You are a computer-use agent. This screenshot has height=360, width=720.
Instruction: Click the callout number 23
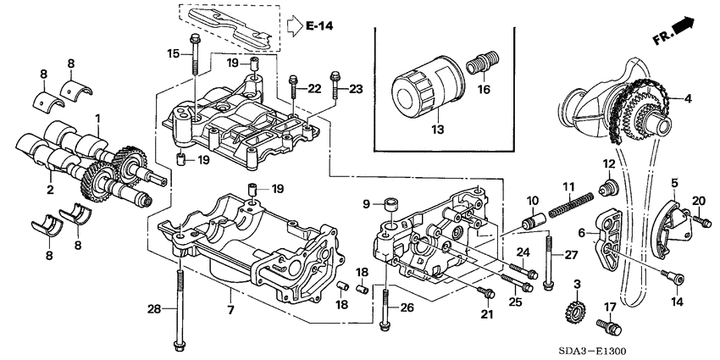[357, 88]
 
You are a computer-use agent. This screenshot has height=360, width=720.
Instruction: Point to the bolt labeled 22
[293, 84]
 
